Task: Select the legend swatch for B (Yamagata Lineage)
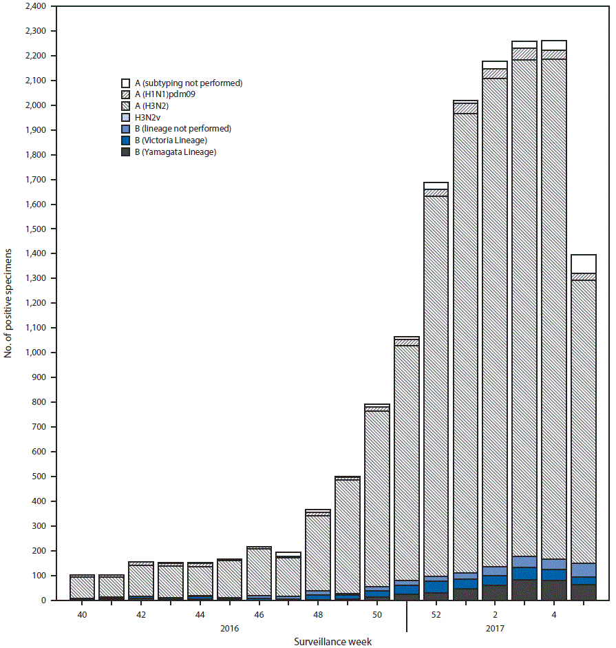[x=126, y=152]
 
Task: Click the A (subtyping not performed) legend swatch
[x=126, y=83]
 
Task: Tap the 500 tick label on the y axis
[x=39, y=477]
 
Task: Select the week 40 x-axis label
[x=83, y=613]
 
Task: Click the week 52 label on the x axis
[x=436, y=613]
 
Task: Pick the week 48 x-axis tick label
[x=318, y=613]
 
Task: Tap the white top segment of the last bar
[x=583, y=264]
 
